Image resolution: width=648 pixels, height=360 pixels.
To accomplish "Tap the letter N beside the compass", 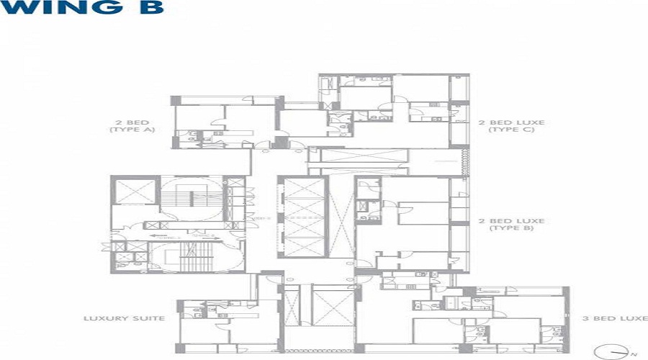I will click(633, 354).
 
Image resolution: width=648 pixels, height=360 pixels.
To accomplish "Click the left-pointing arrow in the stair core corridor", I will click(155, 235).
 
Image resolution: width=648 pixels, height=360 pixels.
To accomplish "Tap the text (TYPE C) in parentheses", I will click(506, 130).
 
